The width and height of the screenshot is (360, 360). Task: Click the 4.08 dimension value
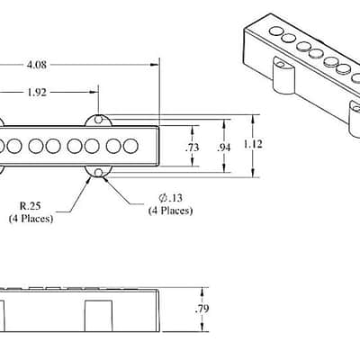(x=37, y=65)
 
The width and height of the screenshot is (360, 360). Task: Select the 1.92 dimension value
(x=37, y=92)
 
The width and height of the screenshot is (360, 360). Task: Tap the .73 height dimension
(x=192, y=148)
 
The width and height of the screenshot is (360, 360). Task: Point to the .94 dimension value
(x=224, y=148)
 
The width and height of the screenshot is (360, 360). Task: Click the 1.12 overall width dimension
(x=253, y=144)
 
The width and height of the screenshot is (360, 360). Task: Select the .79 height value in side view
(x=202, y=309)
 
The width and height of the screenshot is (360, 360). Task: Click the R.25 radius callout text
(x=30, y=206)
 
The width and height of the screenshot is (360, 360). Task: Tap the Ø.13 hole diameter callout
(x=170, y=198)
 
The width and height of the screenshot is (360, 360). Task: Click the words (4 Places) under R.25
(x=31, y=219)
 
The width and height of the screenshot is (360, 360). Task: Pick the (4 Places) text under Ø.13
(x=170, y=211)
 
